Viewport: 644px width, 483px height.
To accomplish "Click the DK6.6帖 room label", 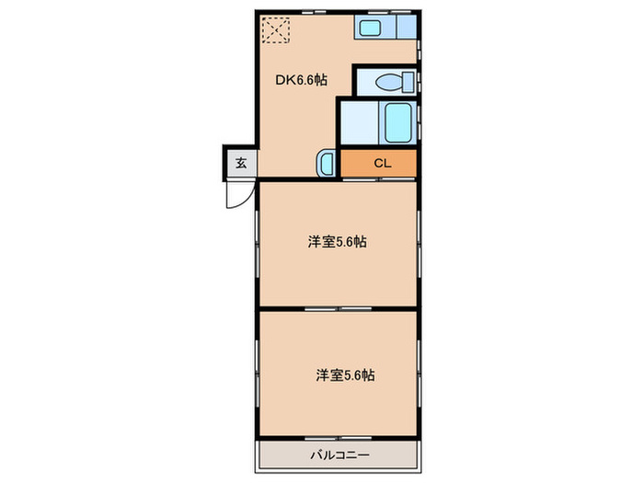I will click(302, 80).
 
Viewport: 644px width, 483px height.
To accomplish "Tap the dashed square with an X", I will click(274, 30).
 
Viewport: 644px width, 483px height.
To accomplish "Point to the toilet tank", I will click(408, 80).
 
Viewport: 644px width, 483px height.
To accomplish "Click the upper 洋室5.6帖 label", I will click(338, 242).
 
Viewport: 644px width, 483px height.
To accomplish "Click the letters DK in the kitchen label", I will click(285, 80).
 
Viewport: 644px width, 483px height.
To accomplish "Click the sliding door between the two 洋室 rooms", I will click(338, 307).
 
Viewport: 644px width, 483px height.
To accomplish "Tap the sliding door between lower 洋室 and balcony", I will click(338, 440).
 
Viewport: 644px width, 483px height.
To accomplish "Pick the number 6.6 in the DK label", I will click(305, 80).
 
